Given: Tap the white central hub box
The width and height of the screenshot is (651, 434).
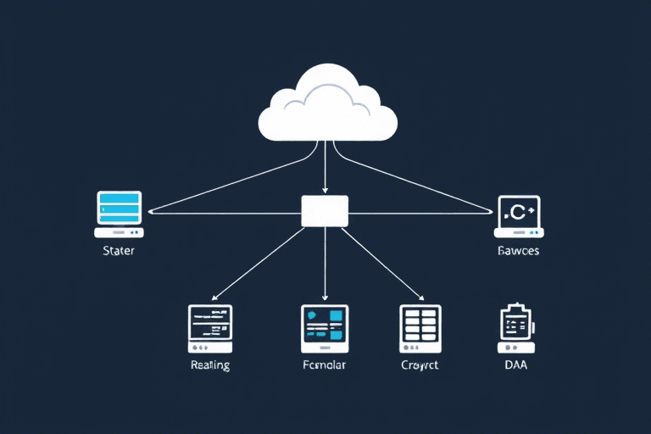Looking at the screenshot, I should point(325,210).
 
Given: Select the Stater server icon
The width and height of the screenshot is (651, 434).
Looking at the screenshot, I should point(119,214).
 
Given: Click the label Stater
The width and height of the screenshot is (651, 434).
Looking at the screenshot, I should point(118,251).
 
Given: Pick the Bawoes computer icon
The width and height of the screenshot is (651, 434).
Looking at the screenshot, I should point(519,215).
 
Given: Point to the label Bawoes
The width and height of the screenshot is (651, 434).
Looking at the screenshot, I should point(518,251).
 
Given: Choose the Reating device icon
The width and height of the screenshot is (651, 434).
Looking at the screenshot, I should point(209,328).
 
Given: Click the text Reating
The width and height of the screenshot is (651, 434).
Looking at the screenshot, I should point(209,365).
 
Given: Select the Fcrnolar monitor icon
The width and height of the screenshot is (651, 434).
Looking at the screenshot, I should point(324,328).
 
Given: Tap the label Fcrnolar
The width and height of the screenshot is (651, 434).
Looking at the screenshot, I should point(324,365).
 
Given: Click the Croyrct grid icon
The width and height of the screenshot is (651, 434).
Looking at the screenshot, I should point(420,328).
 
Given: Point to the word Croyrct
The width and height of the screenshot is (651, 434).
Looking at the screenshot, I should point(420,365).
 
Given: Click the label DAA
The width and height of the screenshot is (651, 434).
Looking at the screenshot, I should point(515,365).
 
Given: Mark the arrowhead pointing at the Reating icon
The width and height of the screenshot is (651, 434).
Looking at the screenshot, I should point(214,298).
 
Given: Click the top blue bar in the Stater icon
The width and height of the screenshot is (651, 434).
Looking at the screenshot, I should point(119,198).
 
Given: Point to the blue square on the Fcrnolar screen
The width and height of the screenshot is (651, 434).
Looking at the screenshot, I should point(337,315).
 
